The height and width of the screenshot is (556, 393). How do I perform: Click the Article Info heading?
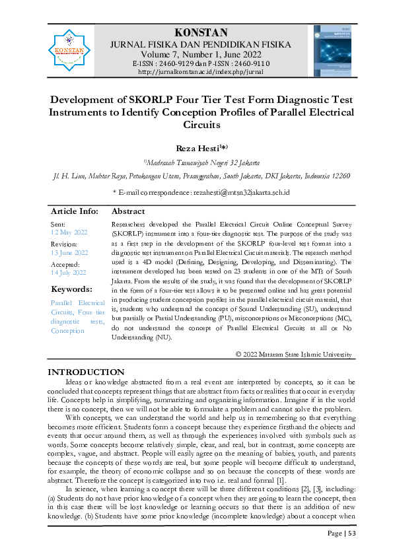[x=75, y=211]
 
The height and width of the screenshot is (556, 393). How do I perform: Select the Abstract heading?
[x=129, y=211]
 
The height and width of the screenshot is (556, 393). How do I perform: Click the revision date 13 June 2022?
[x=69, y=252]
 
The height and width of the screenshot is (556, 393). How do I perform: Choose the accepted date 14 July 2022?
[x=69, y=271]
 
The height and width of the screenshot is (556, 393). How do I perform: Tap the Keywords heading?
[x=71, y=289]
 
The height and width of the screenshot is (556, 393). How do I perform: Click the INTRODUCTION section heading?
[x=86, y=372]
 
